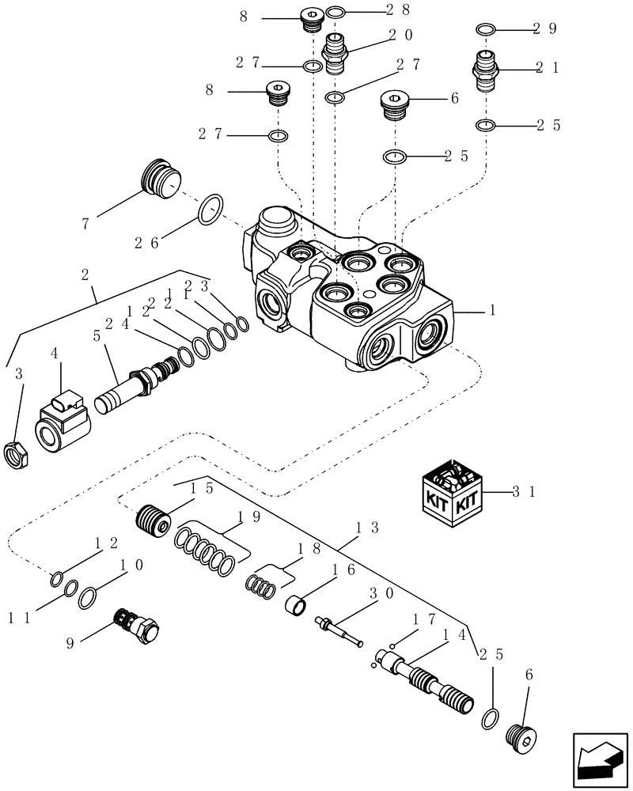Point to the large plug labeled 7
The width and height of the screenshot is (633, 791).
coord(161,180)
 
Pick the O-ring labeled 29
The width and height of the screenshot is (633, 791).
coord(486,29)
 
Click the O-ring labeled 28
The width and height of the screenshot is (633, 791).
coord(335,12)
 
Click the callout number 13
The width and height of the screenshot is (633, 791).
coord(368,528)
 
